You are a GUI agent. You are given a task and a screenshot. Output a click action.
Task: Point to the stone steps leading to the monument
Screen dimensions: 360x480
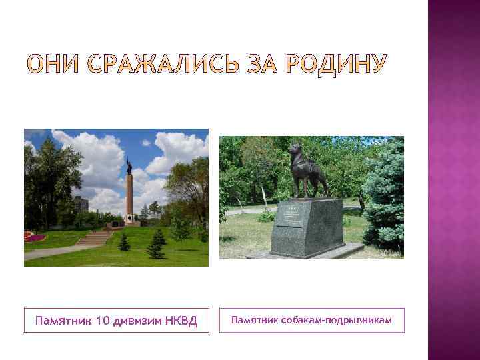pyautogui.click(x=93, y=238)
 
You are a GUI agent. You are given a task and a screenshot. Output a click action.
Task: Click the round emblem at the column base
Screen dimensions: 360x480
pyautogui.click(x=129, y=217)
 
